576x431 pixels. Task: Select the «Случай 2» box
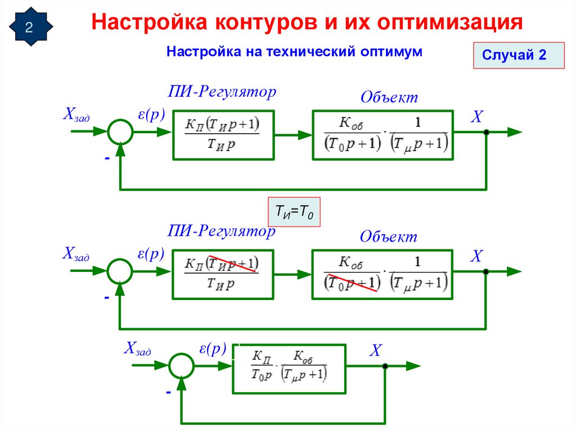tap(518, 55)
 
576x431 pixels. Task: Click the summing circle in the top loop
tap(120, 133)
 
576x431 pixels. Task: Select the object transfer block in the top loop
tap(382, 134)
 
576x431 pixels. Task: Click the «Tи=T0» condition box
tap(294, 212)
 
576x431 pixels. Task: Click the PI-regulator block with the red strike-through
tap(223, 273)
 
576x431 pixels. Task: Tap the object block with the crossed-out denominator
tap(382, 273)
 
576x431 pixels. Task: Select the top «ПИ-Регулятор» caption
tap(223, 92)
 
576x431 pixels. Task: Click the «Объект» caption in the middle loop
tap(389, 237)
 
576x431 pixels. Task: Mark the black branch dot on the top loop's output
tap(486, 133)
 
